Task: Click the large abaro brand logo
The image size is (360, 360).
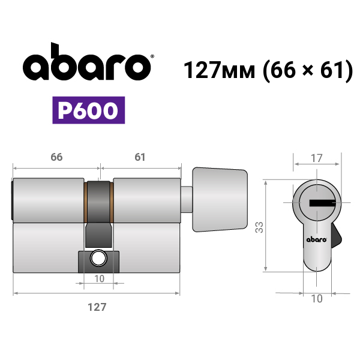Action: [87, 62]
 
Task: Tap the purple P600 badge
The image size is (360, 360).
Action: [89, 110]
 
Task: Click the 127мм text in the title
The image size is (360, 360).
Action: [220, 70]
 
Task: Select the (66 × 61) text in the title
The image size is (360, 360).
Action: [308, 70]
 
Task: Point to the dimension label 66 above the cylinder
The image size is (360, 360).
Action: [56, 157]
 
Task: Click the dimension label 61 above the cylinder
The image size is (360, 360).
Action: [140, 157]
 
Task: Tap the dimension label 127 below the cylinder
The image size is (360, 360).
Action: [97, 307]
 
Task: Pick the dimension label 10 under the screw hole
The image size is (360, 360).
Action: [99, 279]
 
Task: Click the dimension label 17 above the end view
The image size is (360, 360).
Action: [317, 158]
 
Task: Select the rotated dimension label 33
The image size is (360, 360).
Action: [259, 227]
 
